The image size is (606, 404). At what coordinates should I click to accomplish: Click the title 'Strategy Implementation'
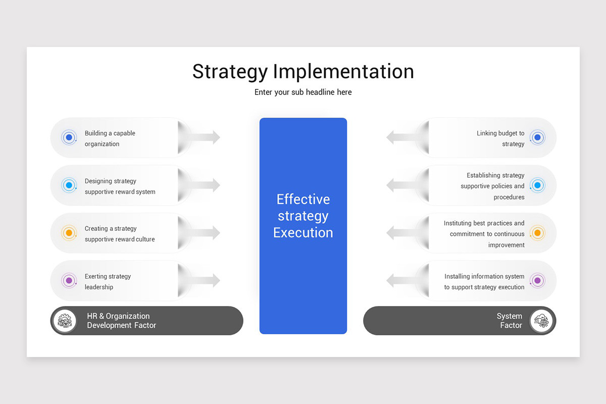click(x=303, y=72)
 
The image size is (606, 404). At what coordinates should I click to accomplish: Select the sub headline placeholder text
click(x=303, y=92)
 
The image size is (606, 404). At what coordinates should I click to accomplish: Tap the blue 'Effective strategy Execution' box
click(x=303, y=226)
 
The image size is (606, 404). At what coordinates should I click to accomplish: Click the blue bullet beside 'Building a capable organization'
click(x=69, y=137)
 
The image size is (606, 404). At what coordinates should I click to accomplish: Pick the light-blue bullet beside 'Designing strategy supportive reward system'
click(x=69, y=185)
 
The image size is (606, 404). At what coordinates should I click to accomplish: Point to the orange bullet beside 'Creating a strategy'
click(x=69, y=233)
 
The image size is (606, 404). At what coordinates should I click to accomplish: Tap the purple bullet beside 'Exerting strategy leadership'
click(x=69, y=280)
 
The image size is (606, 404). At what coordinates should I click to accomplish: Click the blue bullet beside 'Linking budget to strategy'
click(x=537, y=137)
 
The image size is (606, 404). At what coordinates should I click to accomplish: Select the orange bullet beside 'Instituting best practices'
click(x=537, y=233)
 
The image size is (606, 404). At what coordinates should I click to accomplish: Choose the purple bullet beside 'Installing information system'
click(x=537, y=280)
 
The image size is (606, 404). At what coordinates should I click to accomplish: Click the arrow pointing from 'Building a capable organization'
click(x=205, y=137)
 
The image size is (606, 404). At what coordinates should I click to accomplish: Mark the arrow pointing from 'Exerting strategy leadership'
click(x=205, y=280)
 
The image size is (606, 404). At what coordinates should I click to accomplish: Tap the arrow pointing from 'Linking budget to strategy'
click(x=402, y=137)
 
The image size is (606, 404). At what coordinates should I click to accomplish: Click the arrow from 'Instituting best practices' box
click(x=402, y=233)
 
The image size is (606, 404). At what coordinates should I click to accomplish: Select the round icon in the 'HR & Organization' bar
click(x=65, y=321)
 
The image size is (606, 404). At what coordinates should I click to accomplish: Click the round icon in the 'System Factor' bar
click(x=542, y=321)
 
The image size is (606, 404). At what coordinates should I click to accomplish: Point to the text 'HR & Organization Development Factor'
click(x=121, y=321)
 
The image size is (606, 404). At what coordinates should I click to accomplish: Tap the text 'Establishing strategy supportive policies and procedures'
click(x=492, y=186)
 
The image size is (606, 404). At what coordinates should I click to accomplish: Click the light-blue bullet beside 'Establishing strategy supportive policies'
click(x=537, y=185)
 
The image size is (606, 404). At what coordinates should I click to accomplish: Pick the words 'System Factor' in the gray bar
click(x=510, y=321)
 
